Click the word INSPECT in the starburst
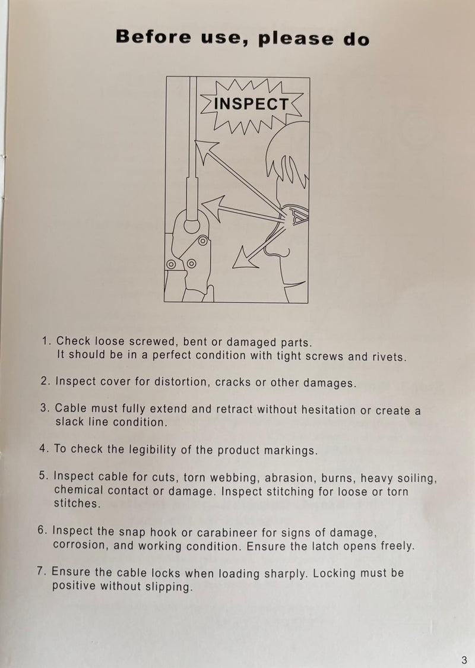(251, 104)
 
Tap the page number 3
(464, 660)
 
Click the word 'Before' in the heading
(153, 37)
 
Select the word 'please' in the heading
(296, 39)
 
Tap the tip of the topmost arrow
(196, 141)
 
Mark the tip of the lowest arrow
(233, 268)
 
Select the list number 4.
(44, 449)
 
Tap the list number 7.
(42, 571)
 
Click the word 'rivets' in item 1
(387, 357)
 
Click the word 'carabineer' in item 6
(227, 533)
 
